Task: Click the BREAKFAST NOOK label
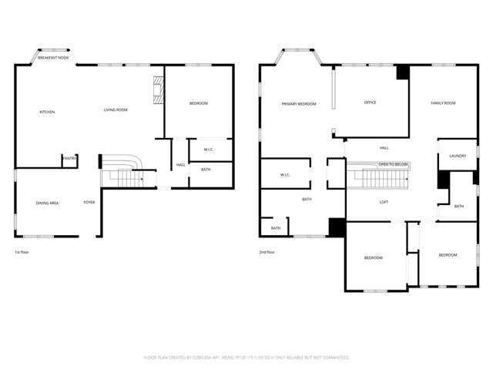[53, 58]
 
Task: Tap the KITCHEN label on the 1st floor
[47, 112]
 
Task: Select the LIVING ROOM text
[116, 109]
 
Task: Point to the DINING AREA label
[47, 203]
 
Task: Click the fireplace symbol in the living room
[158, 89]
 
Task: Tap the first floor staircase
[123, 173]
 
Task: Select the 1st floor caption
[23, 252]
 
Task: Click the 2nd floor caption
[267, 252]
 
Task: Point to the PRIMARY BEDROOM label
[299, 103]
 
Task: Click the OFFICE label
[370, 103]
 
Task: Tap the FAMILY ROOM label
[443, 103]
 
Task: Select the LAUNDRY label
[458, 156]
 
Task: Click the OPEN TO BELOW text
[393, 165]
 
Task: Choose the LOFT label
[384, 202]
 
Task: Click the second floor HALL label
[384, 147]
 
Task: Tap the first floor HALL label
[180, 164]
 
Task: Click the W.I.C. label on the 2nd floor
[285, 175]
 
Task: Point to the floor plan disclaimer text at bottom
[246, 358]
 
